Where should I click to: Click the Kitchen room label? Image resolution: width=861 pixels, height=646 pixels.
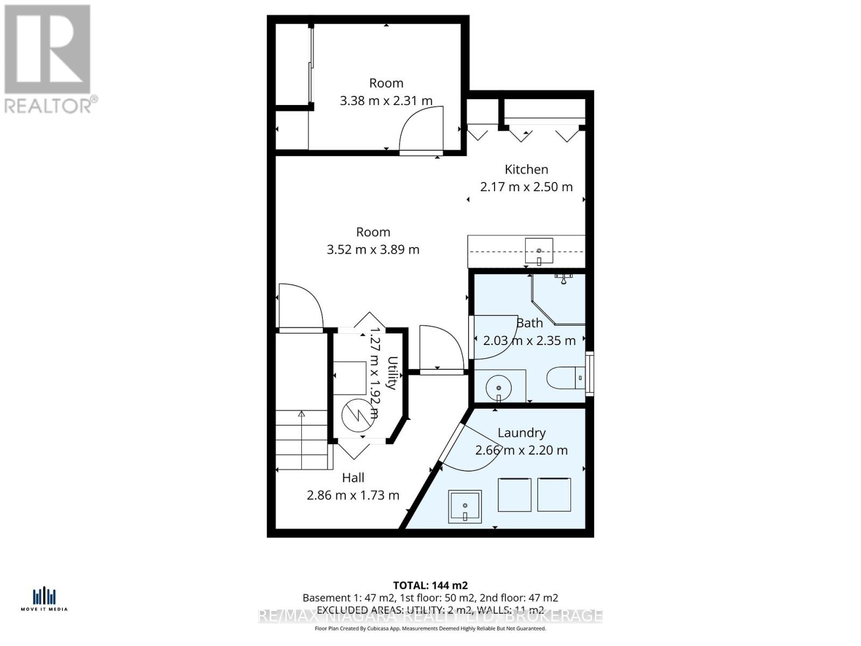coord(526,169)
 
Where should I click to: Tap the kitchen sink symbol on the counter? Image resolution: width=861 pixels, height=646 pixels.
coord(539,251)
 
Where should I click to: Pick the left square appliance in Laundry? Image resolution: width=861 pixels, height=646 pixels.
coord(514,495)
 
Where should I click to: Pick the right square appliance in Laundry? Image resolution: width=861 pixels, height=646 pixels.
coord(554,495)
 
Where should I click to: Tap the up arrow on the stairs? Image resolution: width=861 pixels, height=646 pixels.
coord(301,414)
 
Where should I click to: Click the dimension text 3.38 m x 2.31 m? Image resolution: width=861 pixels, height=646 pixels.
coord(386,101)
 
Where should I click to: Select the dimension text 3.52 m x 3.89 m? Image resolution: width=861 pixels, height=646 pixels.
coord(373,250)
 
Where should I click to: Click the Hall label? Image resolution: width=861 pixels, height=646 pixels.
coord(353,478)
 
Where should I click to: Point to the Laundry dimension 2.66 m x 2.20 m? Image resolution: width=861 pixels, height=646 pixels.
coord(521,450)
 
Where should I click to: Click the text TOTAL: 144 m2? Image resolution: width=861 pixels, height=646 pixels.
coord(430,585)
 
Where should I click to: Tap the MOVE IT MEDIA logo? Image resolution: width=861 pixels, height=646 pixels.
coord(44,599)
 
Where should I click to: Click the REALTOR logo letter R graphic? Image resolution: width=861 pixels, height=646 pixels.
coord(47,50)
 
